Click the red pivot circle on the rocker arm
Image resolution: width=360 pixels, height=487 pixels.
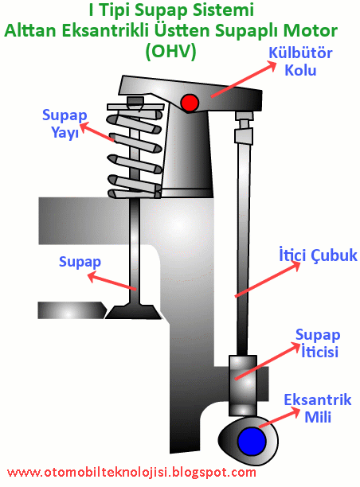(190, 103)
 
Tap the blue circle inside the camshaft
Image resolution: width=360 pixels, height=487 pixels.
(251, 439)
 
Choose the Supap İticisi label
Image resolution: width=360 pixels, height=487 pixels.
(318, 342)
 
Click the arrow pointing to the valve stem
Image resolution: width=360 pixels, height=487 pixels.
(112, 283)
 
